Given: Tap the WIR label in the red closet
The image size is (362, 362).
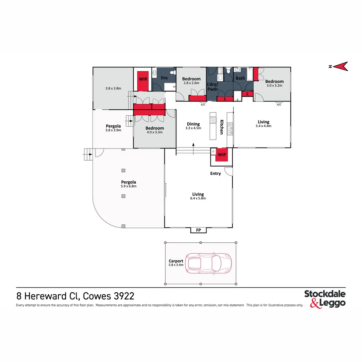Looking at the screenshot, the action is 143,79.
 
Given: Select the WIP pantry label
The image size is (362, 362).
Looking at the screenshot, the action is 222,155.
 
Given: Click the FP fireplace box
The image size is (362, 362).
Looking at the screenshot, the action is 199,230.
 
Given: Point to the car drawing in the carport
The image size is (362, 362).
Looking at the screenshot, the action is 209,263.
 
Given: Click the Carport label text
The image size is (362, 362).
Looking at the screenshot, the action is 176,261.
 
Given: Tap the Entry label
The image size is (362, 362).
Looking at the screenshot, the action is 216,174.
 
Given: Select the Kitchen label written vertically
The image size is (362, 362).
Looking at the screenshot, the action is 222,127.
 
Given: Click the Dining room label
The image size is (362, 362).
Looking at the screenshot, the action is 193,124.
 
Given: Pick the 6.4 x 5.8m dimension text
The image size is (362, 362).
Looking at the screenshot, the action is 198,198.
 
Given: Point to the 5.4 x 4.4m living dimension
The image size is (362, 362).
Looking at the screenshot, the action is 263,126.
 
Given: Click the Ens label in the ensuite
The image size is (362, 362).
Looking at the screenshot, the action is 164,78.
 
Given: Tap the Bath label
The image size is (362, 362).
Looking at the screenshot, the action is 240,78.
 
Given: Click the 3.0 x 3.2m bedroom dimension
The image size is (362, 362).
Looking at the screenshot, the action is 274,85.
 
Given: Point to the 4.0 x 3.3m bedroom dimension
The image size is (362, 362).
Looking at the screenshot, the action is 155,132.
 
